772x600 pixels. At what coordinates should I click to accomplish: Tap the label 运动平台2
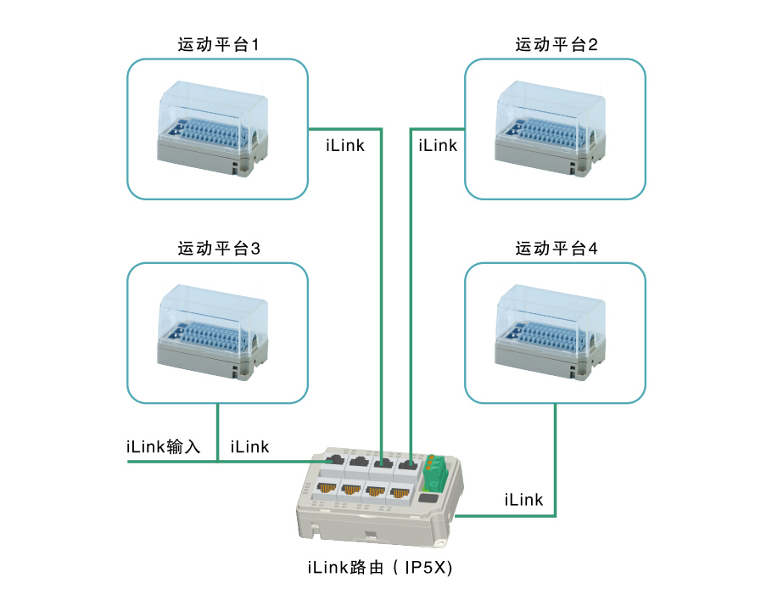tap(557, 45)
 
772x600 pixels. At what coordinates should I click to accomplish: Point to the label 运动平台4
tap(557, 250)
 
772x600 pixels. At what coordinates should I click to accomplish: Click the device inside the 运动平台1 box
tap(215, 127)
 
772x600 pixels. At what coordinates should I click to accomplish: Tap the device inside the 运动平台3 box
tap(215, 332)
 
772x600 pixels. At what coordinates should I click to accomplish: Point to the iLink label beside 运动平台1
tap(345, 146)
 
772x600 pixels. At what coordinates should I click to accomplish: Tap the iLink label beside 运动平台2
tap(438, 146)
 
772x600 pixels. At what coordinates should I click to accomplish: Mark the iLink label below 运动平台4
tap(523, 500)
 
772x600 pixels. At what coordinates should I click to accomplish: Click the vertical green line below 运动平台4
tap(556, 458)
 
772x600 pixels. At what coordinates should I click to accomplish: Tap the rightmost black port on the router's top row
tap(410, 463)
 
